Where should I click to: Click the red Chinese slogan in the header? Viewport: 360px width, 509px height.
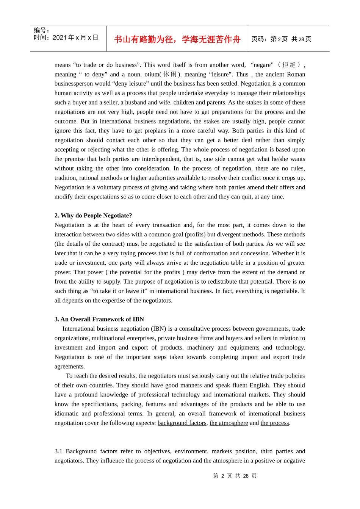click(177, 39)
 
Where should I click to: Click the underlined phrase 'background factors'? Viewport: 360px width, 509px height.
click(182, 423)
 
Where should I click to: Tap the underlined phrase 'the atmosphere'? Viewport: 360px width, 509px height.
click(229, 423)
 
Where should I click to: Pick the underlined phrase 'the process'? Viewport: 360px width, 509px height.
click(275, 423)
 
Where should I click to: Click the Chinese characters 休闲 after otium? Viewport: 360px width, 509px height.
click(170, 74)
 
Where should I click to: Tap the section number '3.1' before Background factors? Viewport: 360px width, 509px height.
click(58, 451)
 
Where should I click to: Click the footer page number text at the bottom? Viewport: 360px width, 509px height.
click(235, 476)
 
